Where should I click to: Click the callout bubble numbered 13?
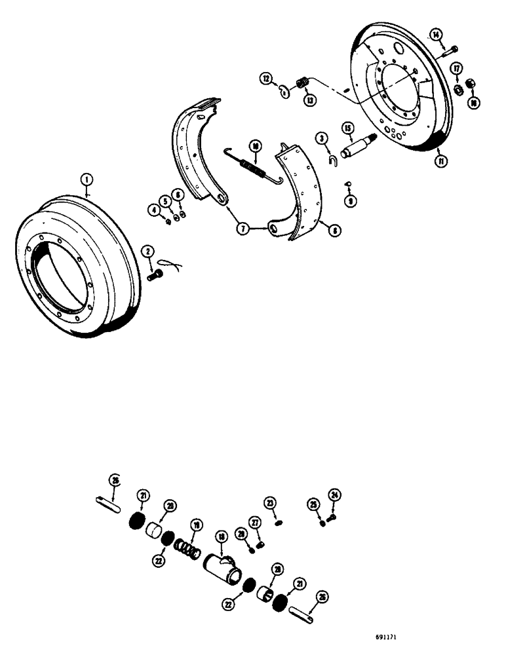(x=308, y=100)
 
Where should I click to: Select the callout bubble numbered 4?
(x=155, y=211)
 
